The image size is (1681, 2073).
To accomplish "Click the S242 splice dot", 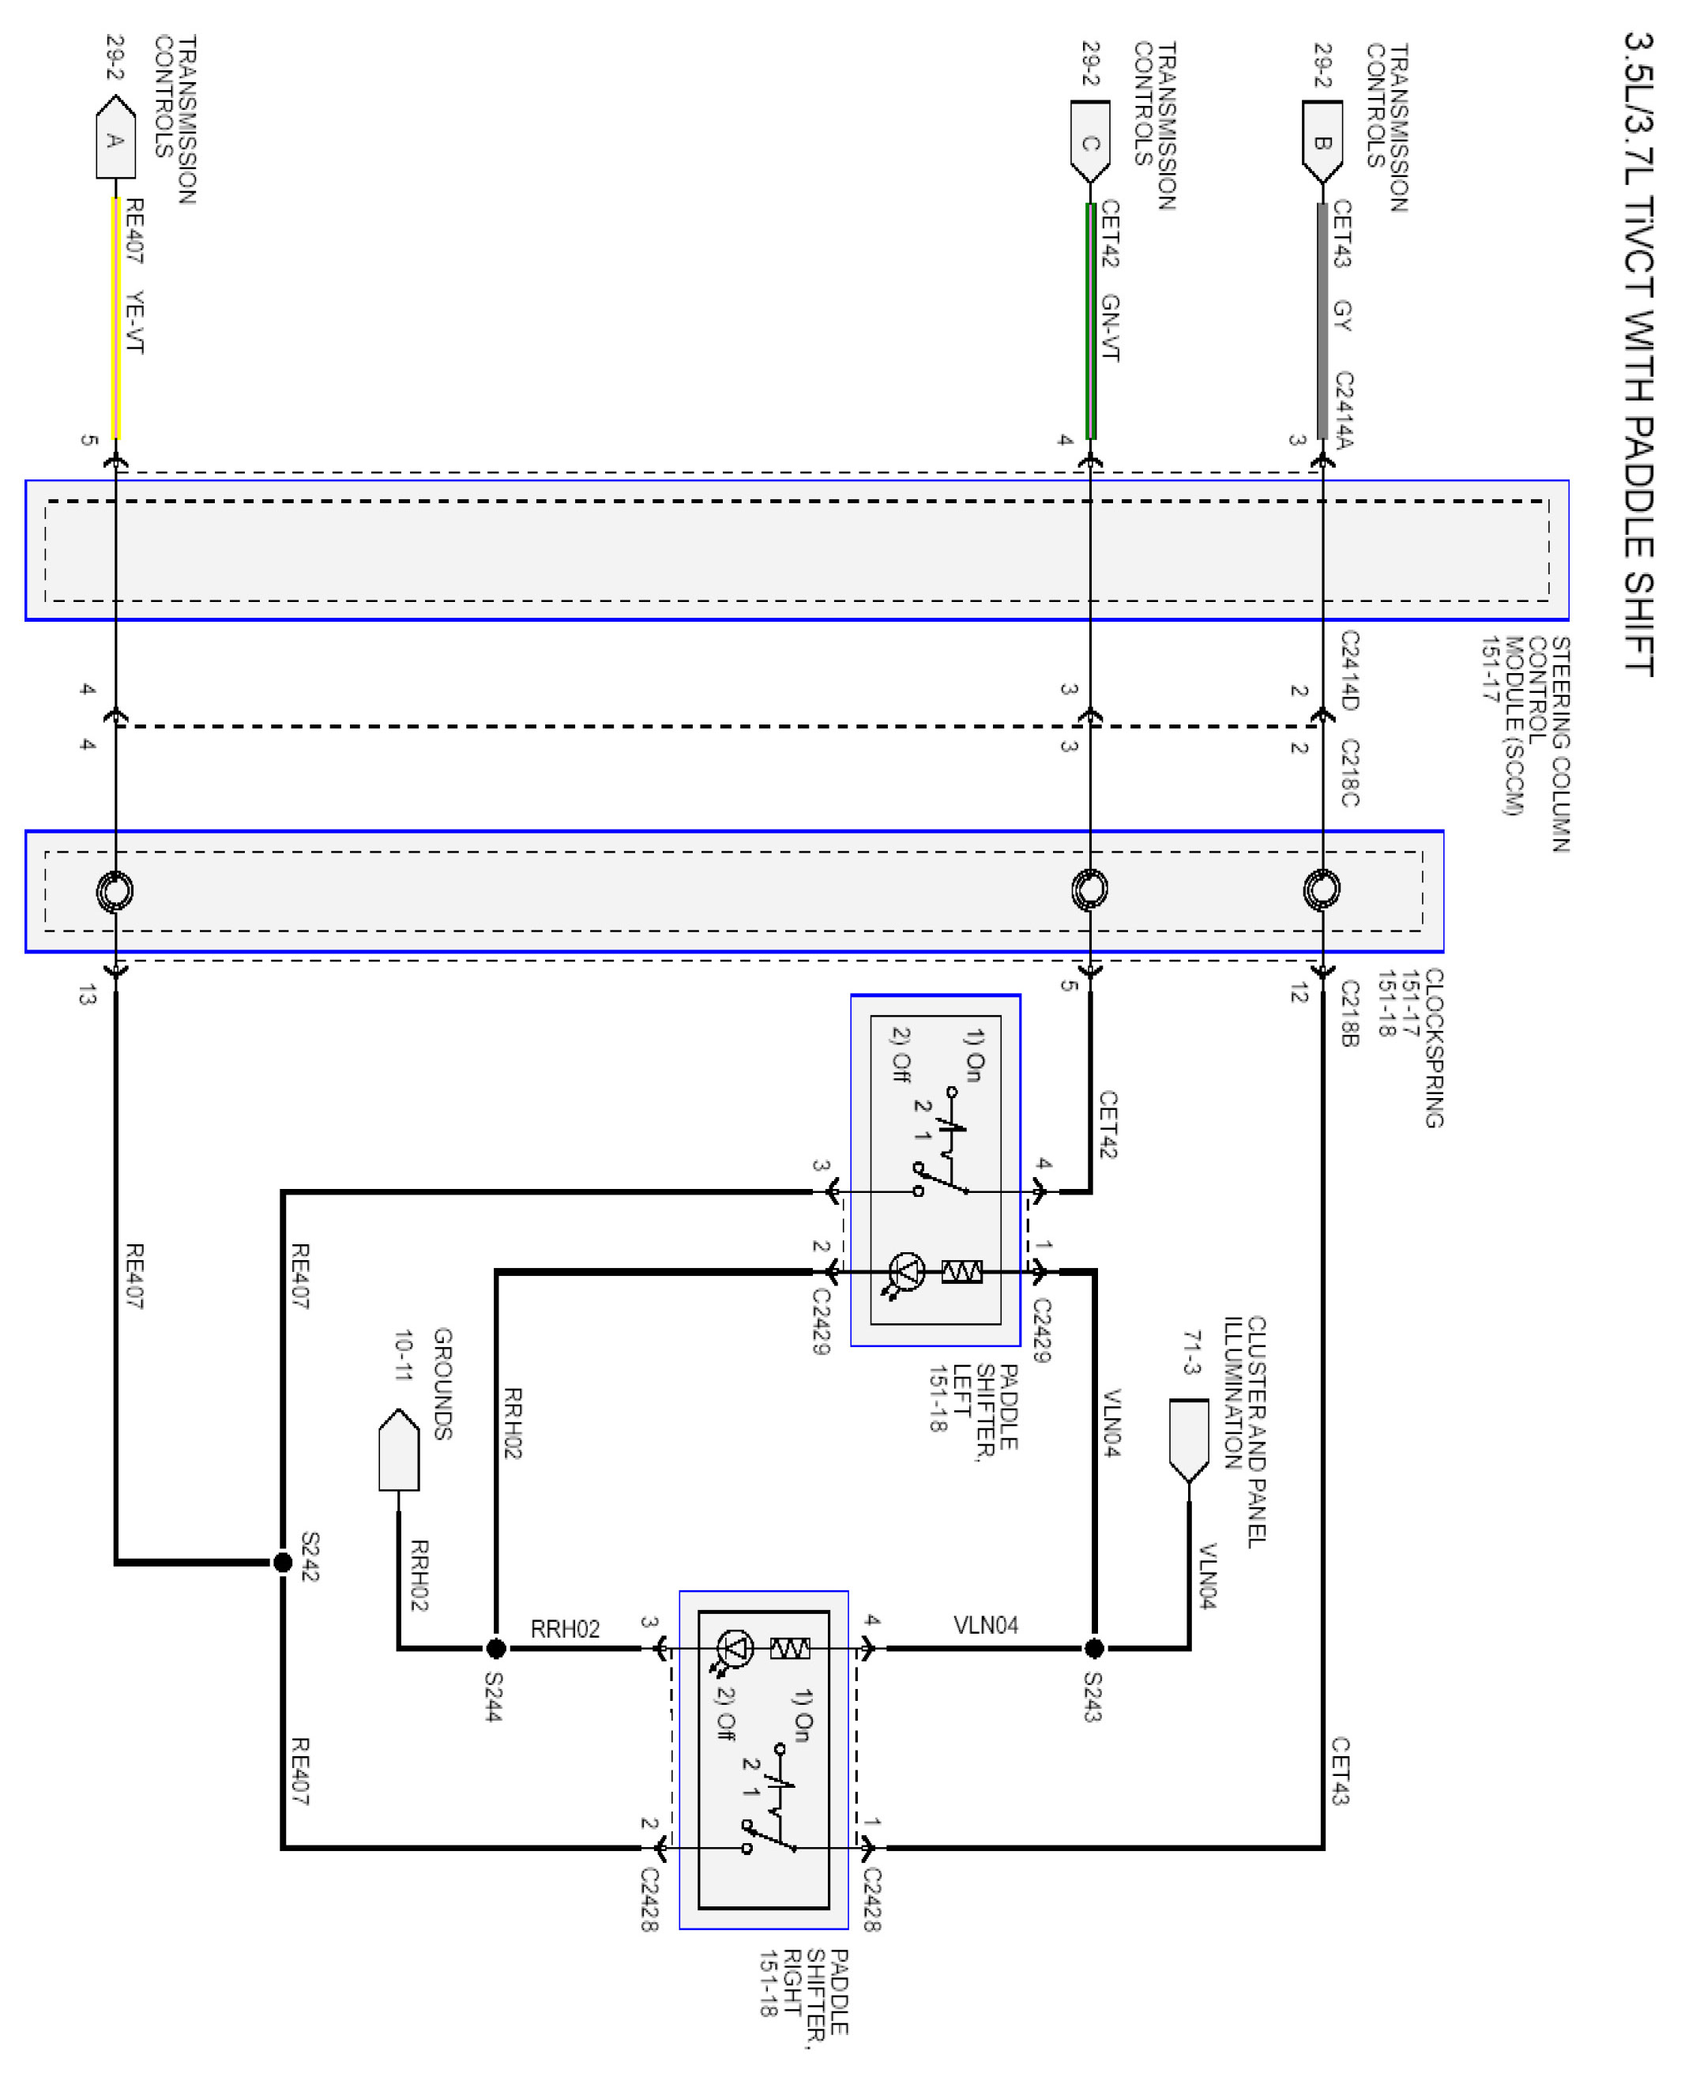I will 283,1562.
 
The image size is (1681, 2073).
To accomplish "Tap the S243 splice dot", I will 1094,1647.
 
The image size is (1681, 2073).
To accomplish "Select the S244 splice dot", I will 496,1647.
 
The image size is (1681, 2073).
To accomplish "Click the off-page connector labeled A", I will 115,138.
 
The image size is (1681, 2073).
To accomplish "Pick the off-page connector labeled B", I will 1322,141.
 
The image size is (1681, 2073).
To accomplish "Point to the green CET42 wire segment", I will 1090,319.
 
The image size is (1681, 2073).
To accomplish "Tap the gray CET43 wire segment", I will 1322,319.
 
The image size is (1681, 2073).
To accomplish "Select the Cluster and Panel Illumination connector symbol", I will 1189,1439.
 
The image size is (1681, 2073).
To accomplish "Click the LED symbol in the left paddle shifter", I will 906,1271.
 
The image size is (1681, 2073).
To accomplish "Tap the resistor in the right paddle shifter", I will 789,1647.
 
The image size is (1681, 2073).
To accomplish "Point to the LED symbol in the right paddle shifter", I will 735,1647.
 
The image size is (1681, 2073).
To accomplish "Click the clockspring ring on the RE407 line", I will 115,891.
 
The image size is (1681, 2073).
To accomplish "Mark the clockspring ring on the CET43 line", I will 1322,889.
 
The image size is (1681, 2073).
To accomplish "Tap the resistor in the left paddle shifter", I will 961,1271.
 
